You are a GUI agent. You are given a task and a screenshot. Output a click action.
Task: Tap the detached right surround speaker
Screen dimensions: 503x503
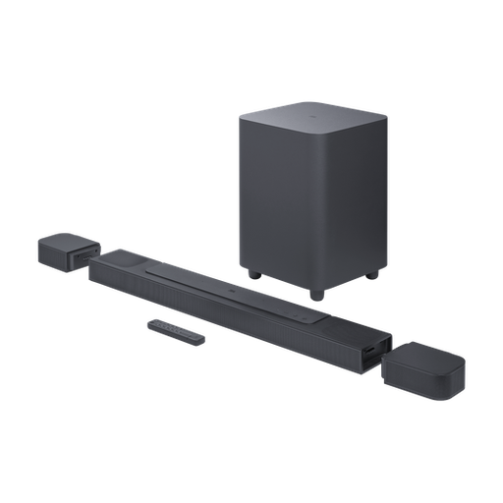click(x=419, y=365)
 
